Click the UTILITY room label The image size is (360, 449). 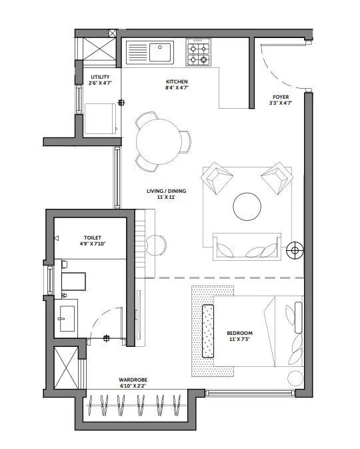click(100, 77)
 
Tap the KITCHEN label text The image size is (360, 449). click(177, 81)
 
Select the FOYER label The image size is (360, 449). click(281, 97)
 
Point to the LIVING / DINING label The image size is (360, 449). click(166, 191)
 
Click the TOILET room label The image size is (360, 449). click(93, 238)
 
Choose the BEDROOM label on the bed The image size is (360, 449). click(239, 333)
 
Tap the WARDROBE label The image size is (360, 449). click(133, 380)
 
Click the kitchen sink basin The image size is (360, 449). click(160, 52)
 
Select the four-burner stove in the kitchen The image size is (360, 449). click(198, 52)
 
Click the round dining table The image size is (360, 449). click(159, 141)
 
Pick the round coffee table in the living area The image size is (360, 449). click(247, 206)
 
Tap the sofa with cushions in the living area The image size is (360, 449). click(247, 247)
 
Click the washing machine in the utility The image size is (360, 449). click(101, 119)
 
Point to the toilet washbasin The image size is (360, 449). click(67, 318)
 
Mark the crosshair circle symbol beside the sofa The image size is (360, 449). click(295, 251)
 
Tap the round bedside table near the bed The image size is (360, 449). click(295, 378)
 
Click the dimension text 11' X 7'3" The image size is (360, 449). click(239, 340)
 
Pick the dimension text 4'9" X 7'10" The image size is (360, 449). click(93, 244)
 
